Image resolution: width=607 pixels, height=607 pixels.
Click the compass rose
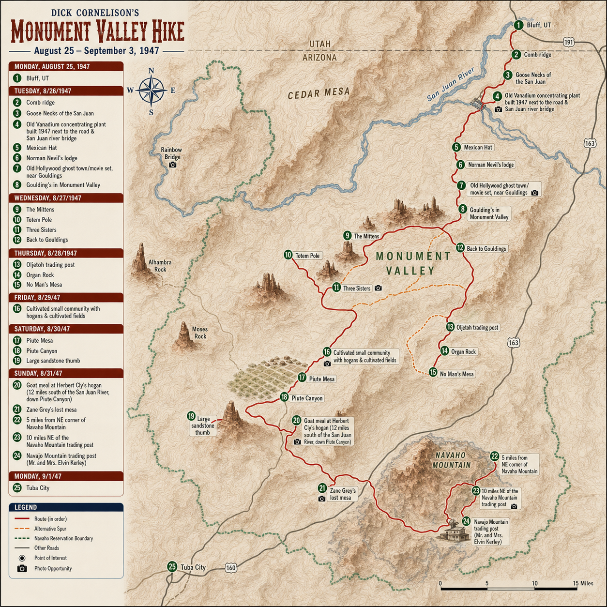[152, 90]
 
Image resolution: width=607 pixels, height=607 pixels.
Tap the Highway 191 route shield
[569, 43]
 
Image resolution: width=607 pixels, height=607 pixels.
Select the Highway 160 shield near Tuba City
[231, 568]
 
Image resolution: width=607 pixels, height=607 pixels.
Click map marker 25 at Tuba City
[172, 567]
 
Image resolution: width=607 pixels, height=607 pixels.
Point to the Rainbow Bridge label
[172, 153]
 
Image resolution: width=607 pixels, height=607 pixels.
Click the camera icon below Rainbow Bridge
[172, 165]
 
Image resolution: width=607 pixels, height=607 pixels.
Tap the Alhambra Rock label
[160, 266]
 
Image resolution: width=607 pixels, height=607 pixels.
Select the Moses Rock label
[200, 333]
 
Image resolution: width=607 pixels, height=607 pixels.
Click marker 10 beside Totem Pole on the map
[288, 255]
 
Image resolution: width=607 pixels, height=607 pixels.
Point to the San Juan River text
[451, 84]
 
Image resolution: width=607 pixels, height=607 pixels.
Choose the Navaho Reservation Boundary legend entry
[63, 538]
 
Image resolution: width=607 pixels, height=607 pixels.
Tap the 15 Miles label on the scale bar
[583, 583]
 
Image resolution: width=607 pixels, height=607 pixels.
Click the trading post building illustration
[455, 531]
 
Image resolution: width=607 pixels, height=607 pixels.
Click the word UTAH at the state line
[320, 44]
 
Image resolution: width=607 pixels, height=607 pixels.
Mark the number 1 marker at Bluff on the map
[518, 25]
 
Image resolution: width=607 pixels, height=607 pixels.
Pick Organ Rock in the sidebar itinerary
[40, 275]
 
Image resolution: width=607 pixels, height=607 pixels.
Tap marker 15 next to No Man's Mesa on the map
[433, 373]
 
